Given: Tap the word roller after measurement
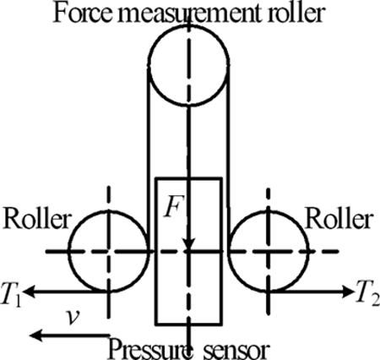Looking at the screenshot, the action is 296,13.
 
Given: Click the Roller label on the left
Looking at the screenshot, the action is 37,220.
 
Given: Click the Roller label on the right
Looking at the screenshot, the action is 339,220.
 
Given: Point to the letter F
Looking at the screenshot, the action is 173,207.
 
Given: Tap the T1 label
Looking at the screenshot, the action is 10,293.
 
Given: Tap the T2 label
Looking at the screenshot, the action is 366,293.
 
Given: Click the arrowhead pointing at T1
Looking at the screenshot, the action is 30,292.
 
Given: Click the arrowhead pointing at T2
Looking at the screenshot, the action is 346,292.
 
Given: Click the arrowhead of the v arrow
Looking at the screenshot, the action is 35,335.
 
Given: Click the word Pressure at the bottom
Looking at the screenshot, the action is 150,350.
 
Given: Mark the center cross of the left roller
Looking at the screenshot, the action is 109,251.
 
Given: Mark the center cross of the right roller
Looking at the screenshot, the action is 269,251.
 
